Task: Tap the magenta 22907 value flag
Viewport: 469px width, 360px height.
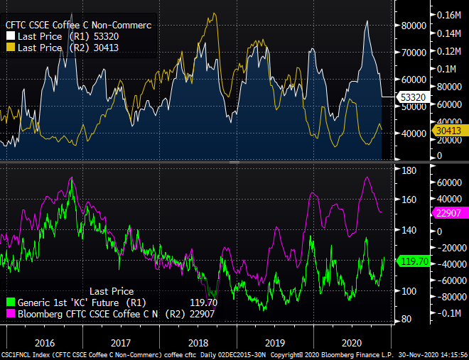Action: pyautogui.click(x=449, y=212)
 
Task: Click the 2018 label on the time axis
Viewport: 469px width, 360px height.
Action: pyautogui.click(x=198, y=342)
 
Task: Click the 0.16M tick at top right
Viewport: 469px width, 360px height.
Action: pyautogui.click(x=449, y=15)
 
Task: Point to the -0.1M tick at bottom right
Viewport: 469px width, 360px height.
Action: pyautogui.click(x=448, y=314)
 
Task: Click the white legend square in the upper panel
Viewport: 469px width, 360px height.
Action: pyautogui.click(x=11, y=36)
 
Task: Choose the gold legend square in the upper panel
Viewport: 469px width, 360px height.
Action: pyautogui.click(x=11, y=48)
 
